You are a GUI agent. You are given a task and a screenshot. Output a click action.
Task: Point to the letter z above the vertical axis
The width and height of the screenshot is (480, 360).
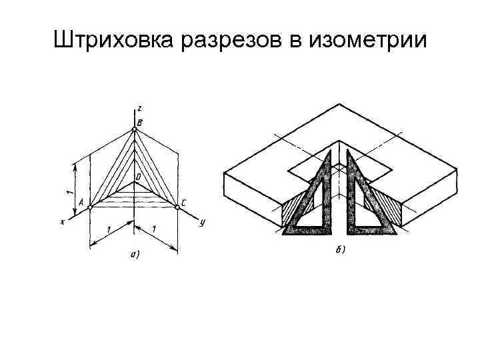click(138, 107)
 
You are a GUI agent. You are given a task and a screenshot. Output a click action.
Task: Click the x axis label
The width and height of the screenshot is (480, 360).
click(62, 222)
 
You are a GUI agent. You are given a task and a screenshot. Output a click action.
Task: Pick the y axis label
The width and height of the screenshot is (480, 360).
click(201, 223)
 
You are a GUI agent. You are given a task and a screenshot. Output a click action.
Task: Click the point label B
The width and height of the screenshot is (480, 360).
click(139, 122)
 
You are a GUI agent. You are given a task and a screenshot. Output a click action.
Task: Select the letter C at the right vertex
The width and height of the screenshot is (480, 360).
click(183, 202)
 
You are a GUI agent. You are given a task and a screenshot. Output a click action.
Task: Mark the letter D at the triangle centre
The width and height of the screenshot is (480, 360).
click(138, 177)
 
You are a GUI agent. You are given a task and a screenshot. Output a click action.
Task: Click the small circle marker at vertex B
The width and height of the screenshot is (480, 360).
click(134, 130)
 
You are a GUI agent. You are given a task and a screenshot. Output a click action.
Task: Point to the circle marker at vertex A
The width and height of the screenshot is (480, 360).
click(90, 208)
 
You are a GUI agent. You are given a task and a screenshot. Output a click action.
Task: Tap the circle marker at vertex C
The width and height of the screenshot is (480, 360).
click(177, 208)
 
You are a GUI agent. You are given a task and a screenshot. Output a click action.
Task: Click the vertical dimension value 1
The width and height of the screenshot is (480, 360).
click(69, 191)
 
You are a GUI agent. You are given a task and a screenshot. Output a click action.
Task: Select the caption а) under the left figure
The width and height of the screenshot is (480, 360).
click(134, 254)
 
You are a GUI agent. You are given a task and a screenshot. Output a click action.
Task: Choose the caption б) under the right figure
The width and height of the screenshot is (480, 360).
click(339, 251)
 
